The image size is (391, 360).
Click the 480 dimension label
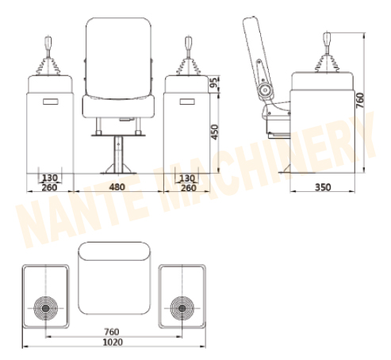click(x=117, y=188)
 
